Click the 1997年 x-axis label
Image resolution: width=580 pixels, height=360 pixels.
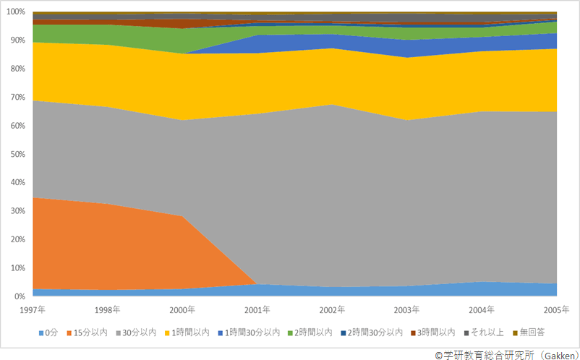(33, 309)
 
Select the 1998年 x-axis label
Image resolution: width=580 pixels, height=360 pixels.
(108, 309)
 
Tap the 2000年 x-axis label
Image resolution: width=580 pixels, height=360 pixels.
(182, 309)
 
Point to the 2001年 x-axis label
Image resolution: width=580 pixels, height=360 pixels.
(257, 309)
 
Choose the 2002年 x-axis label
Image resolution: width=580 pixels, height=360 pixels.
(332, 309)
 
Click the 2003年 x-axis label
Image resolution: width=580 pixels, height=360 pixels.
(406, 309)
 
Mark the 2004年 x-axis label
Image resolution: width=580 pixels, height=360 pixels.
(482, 309)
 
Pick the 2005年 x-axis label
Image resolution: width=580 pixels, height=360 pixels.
(555, 309)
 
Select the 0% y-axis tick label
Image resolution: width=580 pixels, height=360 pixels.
(20, 296)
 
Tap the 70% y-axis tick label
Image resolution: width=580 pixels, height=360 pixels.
(17, 98)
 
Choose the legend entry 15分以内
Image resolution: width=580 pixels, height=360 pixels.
(90, 333)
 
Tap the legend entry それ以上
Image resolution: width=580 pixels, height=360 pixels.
(485, 333)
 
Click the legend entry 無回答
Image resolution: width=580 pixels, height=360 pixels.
(529, 333)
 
